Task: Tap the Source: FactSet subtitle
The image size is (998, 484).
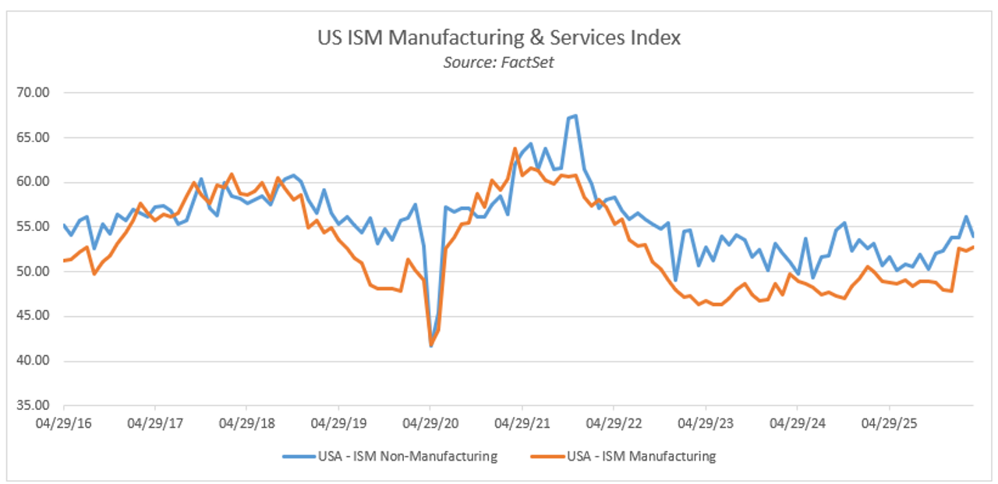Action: pyautogui.click(x=499, y=62)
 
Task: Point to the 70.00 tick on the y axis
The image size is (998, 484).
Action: pyautogui.click(x=32, y=93)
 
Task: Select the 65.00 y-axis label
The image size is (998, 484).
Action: pyautogui.click(x=32, y=137)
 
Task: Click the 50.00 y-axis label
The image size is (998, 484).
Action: pyautogui.click(x=32, y=272)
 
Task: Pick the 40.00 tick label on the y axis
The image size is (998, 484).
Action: pyautogui.click(x=32, y=361)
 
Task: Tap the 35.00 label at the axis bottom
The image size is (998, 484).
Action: pyautogui.click(x=32, y=406)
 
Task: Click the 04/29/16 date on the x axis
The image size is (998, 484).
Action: pyautogui.click(x=63, y=424)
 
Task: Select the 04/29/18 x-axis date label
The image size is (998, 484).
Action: pyautogui.click(x=246, y=424)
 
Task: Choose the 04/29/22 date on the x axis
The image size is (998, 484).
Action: pyautogui.click(x=614, y=424)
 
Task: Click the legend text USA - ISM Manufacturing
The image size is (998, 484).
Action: pyautogui.click(x=641, y=457)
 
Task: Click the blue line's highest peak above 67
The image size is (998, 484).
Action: pyautogui.click(x=575, y=116)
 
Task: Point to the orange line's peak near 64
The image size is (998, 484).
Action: pyautogui.click(x=515, y=148)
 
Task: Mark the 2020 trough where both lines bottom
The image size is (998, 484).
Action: pyautogui.click(x=430, y=346)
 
